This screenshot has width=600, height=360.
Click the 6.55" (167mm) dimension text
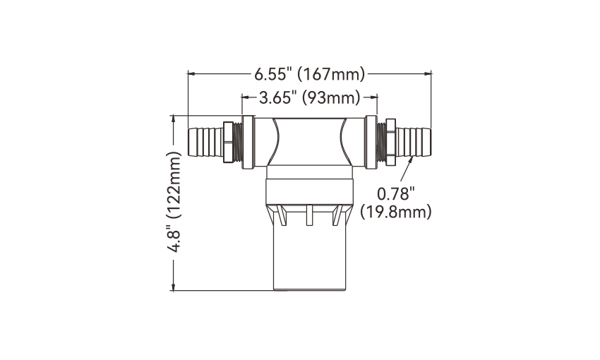point(310,74)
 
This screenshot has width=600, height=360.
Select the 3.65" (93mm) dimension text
point(310,98)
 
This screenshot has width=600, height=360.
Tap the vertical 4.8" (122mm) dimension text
point(174,202)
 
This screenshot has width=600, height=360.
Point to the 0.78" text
point(396,194)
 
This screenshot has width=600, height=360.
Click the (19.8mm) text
point(396,212)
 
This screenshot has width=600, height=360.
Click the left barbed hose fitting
point(205,143)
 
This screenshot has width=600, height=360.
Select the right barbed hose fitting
point(414,143)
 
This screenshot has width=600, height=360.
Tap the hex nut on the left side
point(228,143)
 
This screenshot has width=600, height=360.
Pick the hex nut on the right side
point(390,143)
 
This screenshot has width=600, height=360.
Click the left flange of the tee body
point(248,143)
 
